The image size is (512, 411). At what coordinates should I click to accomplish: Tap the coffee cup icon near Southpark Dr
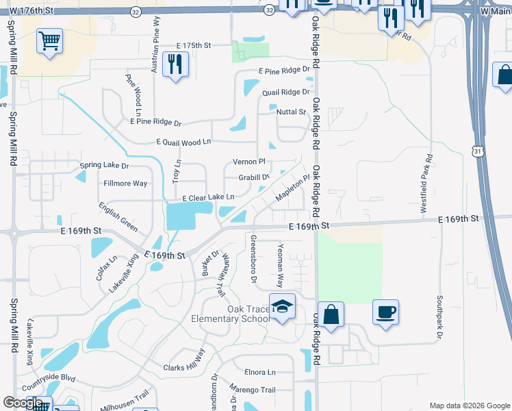(385, 312)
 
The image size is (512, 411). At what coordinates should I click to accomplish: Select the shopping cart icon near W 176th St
(49, 41)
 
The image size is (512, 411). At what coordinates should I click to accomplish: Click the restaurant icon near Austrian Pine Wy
(176, 64)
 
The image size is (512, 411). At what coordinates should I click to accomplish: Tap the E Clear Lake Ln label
(208, 197)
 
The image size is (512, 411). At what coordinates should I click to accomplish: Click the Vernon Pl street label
(248, 162)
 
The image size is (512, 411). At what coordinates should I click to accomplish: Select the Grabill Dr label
(254, 177)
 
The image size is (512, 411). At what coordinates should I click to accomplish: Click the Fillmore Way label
(125, 184)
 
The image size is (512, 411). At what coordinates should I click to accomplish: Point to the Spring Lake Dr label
(104, 166)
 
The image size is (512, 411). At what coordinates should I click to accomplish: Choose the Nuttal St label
(291, 111)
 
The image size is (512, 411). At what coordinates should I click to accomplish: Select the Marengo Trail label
(252, 390)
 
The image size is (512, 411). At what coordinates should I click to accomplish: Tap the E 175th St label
(193, 45)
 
